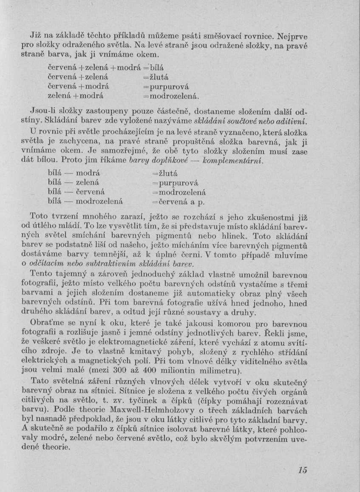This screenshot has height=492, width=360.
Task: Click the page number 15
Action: click(302, 469)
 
